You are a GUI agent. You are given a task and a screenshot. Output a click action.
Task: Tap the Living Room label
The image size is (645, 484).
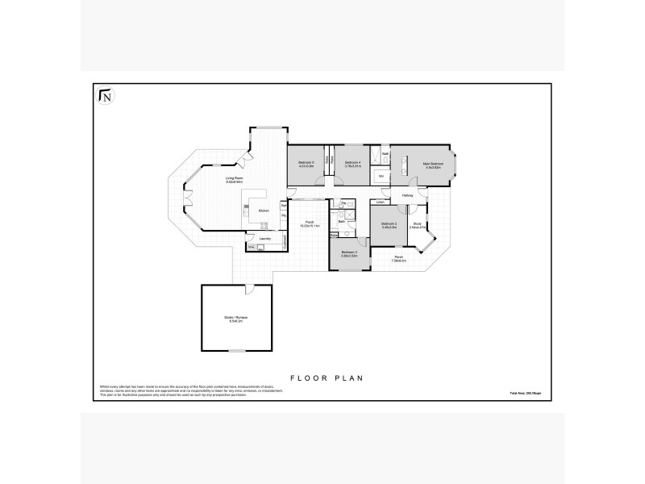[235, 178]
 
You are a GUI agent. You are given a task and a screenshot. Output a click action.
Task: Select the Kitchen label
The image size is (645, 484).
[264, 211]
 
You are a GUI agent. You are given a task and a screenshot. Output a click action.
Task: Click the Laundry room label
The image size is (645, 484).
[264, 239]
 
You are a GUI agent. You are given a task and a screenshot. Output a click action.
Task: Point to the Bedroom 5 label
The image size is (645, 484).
[306, 164]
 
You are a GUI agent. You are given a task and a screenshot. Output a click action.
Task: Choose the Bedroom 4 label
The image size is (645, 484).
[352, 164]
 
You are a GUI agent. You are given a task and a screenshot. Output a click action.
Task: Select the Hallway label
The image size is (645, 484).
[408, 195]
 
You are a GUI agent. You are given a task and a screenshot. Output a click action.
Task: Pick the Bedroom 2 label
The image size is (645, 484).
[390, 223]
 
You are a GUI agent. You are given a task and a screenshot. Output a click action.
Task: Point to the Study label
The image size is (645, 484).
[417, 223]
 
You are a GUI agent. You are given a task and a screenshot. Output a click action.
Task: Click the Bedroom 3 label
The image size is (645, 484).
[348, 252]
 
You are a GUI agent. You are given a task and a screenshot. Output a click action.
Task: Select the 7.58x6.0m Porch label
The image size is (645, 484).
[399, 258]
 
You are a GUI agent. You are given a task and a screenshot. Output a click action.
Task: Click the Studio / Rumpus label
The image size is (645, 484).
[235, 317]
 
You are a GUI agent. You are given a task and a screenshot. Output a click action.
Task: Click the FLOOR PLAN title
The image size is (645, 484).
[322, 377]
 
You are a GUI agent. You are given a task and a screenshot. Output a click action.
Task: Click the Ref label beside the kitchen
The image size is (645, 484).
[284, 206]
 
